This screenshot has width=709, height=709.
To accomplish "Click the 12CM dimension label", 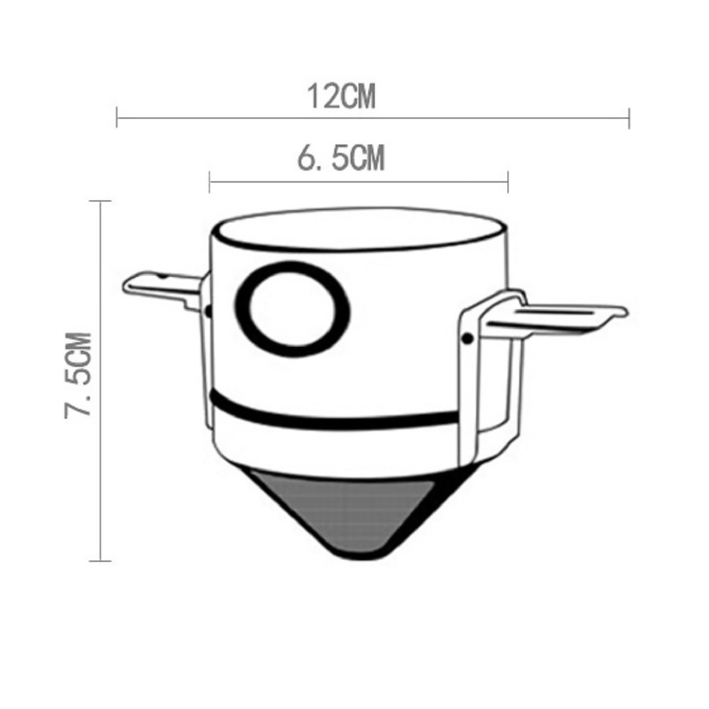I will tap(341, 96).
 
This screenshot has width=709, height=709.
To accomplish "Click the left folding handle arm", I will tap(160, 286).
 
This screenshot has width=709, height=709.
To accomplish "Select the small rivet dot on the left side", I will tap(208, 311).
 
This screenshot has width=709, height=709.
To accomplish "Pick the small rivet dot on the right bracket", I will tap(467, 338).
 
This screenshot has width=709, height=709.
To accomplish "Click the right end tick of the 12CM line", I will tap(629, 118).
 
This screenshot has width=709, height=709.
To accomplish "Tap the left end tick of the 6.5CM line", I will tap(210, 182).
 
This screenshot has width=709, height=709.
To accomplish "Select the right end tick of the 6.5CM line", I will tap(508, 182).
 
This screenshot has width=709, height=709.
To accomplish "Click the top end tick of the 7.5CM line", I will tap(100, 202).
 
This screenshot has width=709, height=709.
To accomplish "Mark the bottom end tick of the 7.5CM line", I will tap(100, 560).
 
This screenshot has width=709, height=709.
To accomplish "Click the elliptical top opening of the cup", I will tap(359, 230).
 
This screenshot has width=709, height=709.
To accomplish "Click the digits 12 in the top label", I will tap(320, 96).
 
